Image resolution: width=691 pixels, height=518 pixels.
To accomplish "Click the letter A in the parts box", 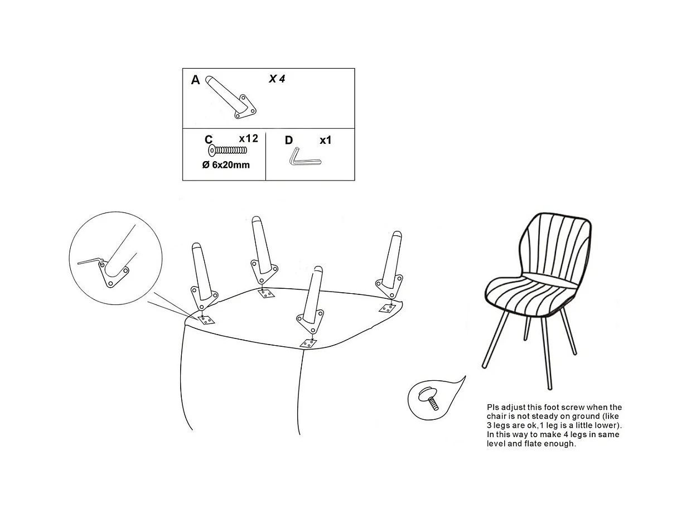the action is click(x=195, y=80).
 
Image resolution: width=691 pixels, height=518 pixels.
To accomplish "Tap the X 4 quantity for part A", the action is click(x=277, y=79).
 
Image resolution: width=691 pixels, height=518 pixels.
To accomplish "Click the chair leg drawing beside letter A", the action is click(x=231, y=97).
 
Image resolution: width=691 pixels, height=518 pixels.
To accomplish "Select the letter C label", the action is click(x=209, y=139).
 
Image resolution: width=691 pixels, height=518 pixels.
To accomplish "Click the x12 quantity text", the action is click(x=248, y=138).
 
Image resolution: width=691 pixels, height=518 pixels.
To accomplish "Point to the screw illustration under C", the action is click(x=228, y=151).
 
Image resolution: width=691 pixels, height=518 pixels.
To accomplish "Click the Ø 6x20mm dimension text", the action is click(x=226, y=164).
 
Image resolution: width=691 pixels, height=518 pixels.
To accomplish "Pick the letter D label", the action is click(x=289, y=141).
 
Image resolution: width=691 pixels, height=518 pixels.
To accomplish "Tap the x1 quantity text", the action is click(x=326, y=141).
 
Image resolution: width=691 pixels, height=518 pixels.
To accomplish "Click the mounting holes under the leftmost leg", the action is click(x=206, y=321).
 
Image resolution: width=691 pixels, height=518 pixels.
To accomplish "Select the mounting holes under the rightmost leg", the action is click(x=387, y=308).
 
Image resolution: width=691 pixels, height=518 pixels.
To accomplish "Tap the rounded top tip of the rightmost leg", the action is click(x=397, y=234).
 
